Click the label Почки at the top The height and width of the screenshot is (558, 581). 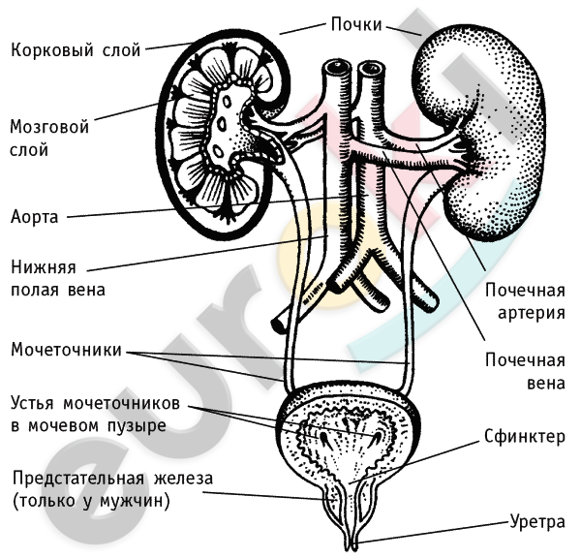click(355, 24)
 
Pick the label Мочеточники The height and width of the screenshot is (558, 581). click(66, 350)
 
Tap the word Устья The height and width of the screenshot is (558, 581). click(34, 402)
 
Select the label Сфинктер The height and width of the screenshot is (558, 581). click(524, 437)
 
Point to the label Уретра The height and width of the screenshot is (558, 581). click(536, 523)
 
